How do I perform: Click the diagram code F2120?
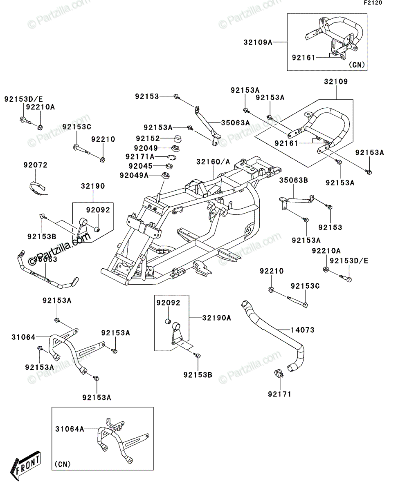[x=373, y=3]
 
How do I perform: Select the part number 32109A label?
[x=258, y=42]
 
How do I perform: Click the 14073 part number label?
[x=302, y=330]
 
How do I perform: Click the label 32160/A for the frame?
[x=213, y=162]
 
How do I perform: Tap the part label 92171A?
[x=140, y=156]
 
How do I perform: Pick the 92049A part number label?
[x=134, y=175]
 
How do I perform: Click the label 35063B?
[x=293, y=180]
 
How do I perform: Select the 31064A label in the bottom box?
[x=70, y=429]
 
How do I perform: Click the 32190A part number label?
[x=216, y=318]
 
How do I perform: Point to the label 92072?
[x=35, y=165]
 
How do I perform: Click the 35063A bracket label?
[x=235, y=123]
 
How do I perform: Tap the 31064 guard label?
[x=23, y=337]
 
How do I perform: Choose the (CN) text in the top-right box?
[x=357, y=65]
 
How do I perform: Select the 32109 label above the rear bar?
[x=336, y=82]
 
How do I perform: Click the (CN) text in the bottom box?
[x=63, y=464]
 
